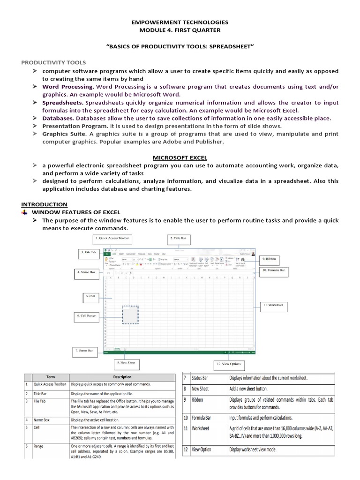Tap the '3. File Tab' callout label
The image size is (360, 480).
(88, 253)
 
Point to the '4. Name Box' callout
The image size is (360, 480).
(88, 272)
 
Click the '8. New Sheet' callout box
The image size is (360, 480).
(125, 362)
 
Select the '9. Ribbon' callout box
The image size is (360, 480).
(270, 258)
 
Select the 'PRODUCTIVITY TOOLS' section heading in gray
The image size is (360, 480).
(53, 62)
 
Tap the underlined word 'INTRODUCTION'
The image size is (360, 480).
(44, 204)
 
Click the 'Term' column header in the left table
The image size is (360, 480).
(50, 377)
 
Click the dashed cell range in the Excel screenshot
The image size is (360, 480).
(130, 315)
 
